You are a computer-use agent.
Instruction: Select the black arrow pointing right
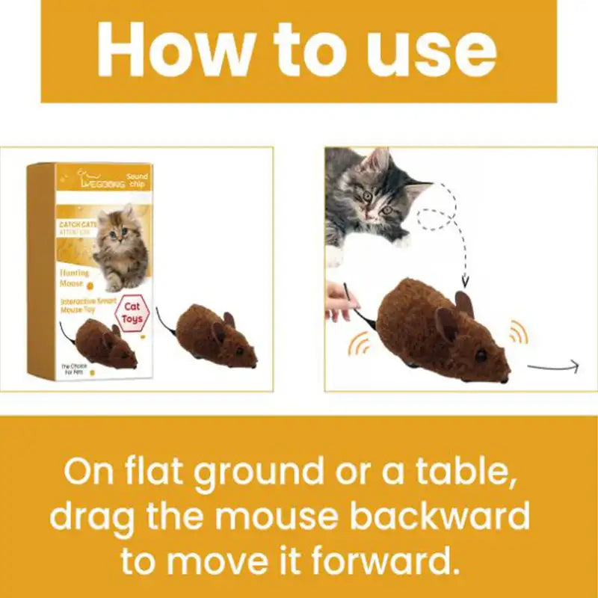tap(553, 366)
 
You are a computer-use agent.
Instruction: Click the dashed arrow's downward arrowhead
tap(464, 282)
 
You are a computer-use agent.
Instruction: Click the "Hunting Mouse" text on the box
tap(75, 278)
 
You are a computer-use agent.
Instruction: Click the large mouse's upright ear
tap(463, 302)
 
